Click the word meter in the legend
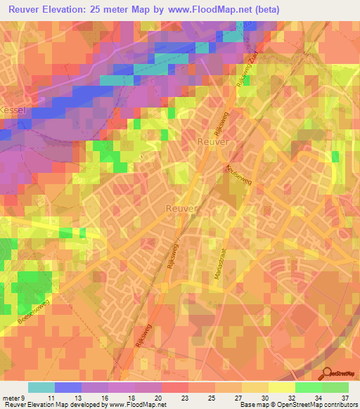tap(12, 397)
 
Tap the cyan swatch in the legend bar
tap(41, 387)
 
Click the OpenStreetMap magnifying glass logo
tap(326, 373)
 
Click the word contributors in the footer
tap(340, 405)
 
